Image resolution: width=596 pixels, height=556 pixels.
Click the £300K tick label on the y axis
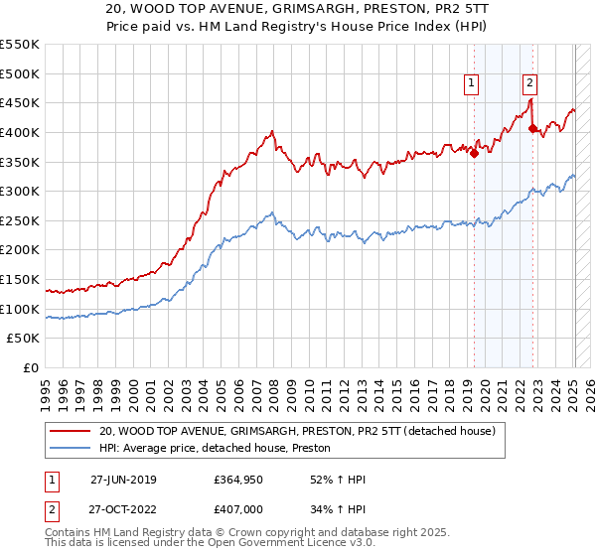tap(20, 191)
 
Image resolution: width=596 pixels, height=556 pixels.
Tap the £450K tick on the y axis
tap(20, 102)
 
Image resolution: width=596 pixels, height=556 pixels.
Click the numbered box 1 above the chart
tap(470, 83)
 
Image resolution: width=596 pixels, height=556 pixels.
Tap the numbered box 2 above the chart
tap(530, 83)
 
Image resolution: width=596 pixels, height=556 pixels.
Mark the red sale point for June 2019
tap(474, 153)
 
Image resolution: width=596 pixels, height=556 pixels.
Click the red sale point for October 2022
tap(532, 128)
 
